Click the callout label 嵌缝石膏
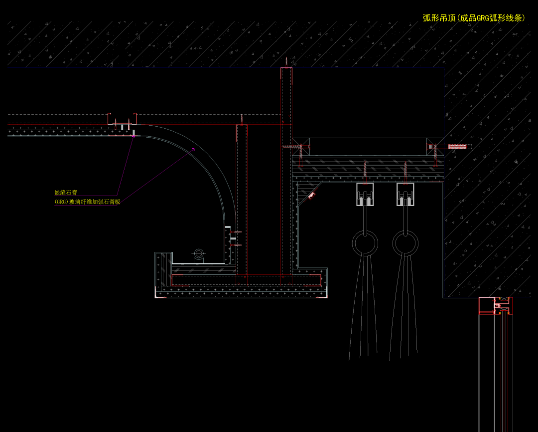(66, 193)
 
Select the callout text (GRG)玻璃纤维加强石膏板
(87, 202)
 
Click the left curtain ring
(365, 243)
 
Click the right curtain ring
(405, 243)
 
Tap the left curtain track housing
(365, 195)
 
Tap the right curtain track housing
(405, 195)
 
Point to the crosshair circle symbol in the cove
(199, 254)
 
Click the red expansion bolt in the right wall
(457, 147)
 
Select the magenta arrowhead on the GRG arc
(193, 149)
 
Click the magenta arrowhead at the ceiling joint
(134, 136)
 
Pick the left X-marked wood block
(301, 147)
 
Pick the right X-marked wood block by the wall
(435, 147)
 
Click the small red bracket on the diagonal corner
(311, 196)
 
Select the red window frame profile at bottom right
(496, 305)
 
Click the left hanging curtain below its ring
(364, 309)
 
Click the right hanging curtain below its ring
(404, 309)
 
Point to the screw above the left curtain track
(365, 170)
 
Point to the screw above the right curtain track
(405, 170)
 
